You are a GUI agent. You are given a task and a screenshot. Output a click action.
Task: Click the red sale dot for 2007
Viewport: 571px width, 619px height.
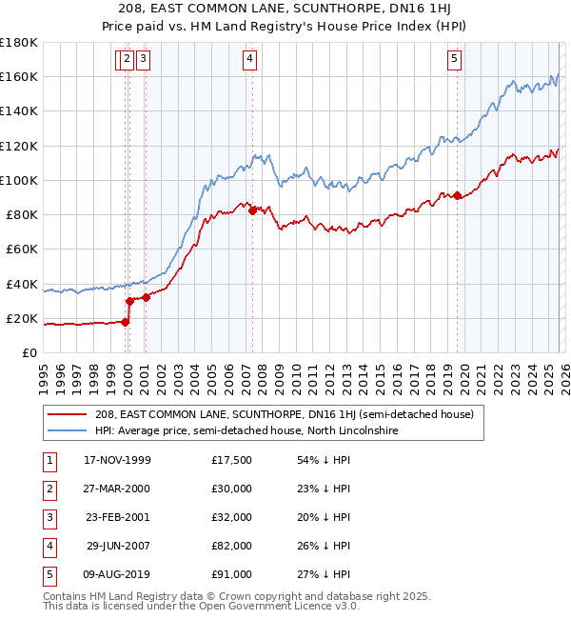tap(252, 210)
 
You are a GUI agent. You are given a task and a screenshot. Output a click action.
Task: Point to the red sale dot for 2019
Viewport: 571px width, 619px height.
tap(457, 195)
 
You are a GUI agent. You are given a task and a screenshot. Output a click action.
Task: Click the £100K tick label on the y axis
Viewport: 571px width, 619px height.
tap(19, 180)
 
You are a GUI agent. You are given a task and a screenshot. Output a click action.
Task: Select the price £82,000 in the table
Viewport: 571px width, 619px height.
tap(232, 546)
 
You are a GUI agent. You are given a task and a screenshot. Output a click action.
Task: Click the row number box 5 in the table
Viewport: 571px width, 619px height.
tap(48, 574)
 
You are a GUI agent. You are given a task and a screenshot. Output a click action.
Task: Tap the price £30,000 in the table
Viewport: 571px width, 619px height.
tap(232, 489)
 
